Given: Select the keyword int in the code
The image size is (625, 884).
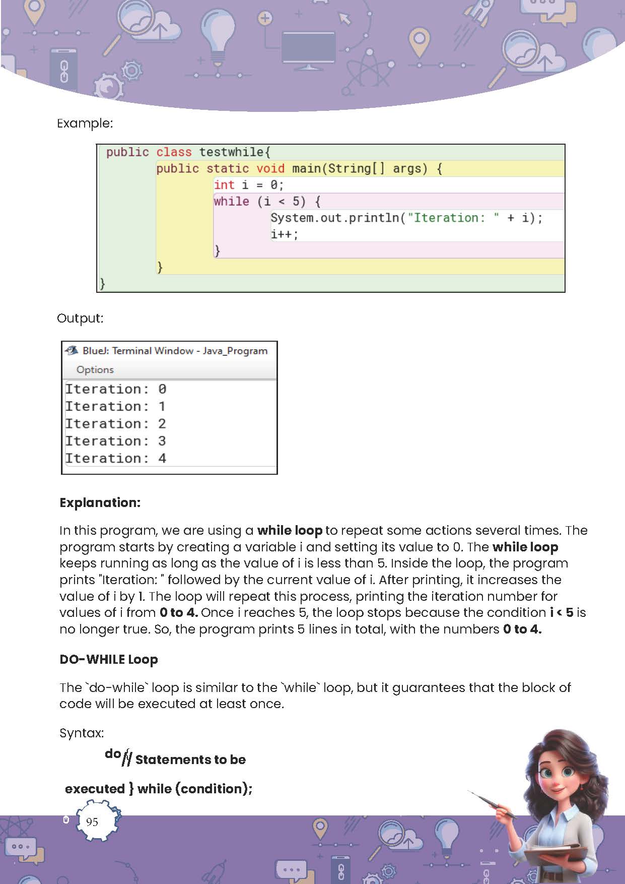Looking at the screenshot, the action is pyautogui.click(x=224, y=185).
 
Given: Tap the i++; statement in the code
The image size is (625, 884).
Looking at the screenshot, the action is pyautogui.click(x=285, y=234).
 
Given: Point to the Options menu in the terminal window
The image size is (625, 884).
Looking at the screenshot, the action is pyautogui.click(x=95, y=369).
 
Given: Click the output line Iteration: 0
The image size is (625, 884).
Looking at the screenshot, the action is pyautogui.click(x=115, y=389).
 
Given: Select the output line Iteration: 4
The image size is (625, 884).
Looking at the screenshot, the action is pyautogui.click(x=115, y=458).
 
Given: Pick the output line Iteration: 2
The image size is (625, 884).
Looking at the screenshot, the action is pyautogui.click(x=115, y=423).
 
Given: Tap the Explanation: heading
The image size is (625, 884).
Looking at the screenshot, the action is pyautogui.click(x=100, y=502).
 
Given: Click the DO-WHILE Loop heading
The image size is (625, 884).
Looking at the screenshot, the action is pyautogui.click(x=108, y=659).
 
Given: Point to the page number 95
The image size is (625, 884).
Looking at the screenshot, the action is pyautogui.click(x=92, y=822).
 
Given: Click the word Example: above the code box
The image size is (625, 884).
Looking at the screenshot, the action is pyautogui.click(x=85, y=123).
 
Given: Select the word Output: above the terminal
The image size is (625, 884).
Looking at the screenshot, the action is pyautogui.click(x=80, y=318).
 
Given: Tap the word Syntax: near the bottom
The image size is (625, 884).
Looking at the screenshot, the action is pyautogui.click(x=82, y=733).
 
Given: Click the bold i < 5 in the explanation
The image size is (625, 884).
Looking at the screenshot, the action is pyautogui.click(x=562, y=612).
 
